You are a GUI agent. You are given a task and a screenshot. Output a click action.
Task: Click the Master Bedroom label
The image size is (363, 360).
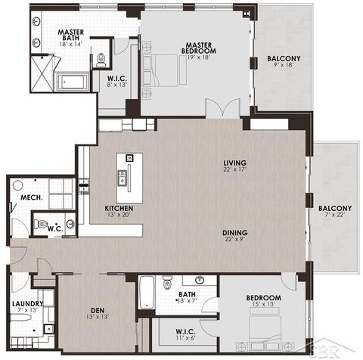click(x=199, y=48)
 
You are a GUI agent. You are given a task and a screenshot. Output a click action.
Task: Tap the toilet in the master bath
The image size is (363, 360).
click(x=101, y=61)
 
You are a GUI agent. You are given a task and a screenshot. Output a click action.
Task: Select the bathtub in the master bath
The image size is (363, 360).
click(x=72, y=82)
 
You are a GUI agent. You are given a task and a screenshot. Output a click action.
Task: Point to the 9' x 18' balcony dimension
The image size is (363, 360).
click(x=284, y=64)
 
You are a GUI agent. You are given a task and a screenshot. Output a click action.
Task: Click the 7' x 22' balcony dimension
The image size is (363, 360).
click(x=335, y=215)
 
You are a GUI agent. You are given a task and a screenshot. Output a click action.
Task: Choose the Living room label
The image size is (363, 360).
click(x=234, y=163)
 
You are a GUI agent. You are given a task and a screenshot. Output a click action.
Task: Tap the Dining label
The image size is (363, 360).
click(x=234, y=232)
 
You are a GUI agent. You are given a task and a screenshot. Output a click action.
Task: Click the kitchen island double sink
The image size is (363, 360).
click(x=123, y=177)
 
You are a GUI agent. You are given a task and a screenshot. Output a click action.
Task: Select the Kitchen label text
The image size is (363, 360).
click(x=119, y=209)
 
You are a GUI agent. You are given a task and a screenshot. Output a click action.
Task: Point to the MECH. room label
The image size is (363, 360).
click(x=31, y=197)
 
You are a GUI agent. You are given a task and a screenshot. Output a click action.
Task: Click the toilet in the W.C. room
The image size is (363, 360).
click(x=40, y=224)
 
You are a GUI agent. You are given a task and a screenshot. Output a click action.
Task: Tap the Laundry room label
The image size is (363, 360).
click(x=28, y=304)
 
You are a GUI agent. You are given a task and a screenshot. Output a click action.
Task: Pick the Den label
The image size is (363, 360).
click(x=98, y=310)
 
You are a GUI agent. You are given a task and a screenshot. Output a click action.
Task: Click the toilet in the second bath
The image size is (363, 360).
click(x=166, y=282)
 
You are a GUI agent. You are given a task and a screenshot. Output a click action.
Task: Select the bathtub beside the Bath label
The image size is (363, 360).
click(x=147, y=292)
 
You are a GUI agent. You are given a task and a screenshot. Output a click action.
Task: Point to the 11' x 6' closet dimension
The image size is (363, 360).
click(x=185, y=337)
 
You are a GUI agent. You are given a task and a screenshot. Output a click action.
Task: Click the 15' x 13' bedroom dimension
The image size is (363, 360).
click(x=263, y=304)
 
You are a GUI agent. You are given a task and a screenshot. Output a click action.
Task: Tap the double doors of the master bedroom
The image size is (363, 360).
click(x=222, y=108)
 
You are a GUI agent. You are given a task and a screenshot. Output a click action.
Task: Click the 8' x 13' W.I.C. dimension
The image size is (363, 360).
click(x=116, y=85)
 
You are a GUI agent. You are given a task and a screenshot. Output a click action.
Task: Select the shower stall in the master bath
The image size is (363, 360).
click(x=42, y=73)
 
